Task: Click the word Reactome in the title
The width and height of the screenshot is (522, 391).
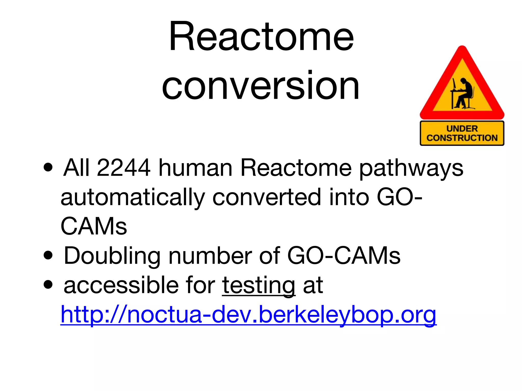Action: (x=261, y=37)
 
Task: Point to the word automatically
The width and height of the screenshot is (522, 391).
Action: (x=133, y=198)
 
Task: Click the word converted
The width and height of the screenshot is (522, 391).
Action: (x=267, y=197)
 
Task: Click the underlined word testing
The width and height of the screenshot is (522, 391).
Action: (x=258, y=286)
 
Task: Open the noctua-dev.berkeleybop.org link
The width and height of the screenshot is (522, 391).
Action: (x=248, y=315)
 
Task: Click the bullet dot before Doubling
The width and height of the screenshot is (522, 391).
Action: (x=48, y=256)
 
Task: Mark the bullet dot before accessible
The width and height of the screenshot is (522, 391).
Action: (x=48, y=285)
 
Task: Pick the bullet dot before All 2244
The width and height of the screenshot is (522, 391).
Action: (x=48, y=167)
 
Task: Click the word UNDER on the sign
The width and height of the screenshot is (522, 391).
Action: (x=462, y=129)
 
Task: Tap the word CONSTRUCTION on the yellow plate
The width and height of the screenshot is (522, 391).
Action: (x=462, y=138)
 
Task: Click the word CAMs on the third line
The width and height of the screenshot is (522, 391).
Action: (x=94, y=226)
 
